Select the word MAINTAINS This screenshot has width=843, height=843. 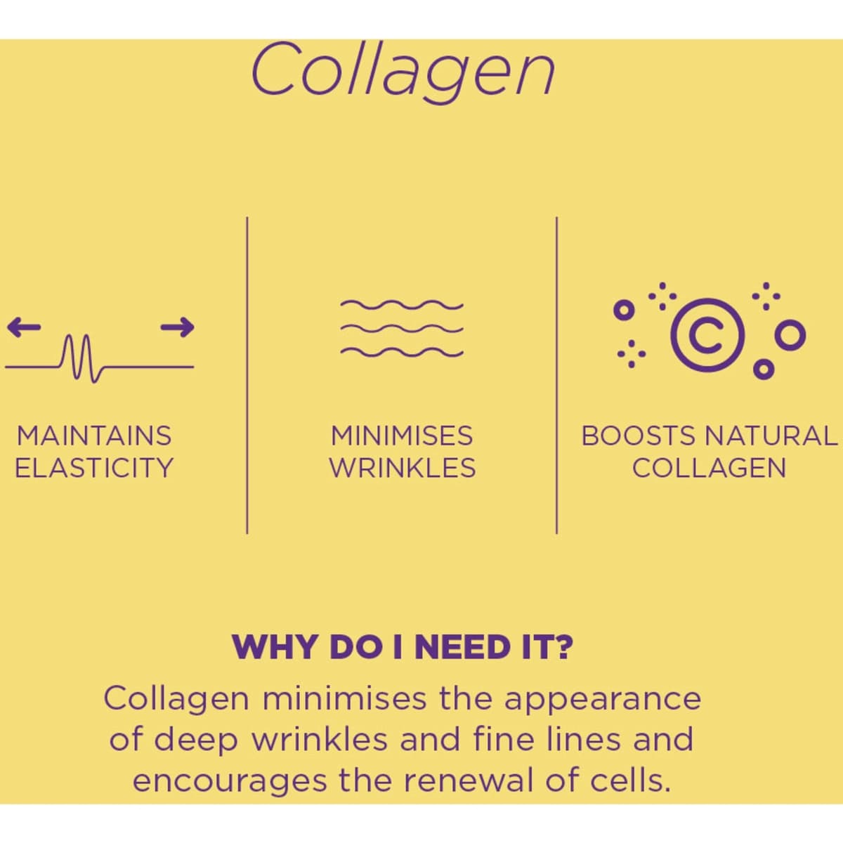pos(94,436)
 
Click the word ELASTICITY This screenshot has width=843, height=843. pos(94,468)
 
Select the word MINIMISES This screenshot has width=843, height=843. pos(402,436)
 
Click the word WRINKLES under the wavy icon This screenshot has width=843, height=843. pos(403,468)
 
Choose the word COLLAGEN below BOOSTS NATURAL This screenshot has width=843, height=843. pos(709,468)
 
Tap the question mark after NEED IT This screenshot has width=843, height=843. pos(563,647)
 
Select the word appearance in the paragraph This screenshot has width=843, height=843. pos(602,700)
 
